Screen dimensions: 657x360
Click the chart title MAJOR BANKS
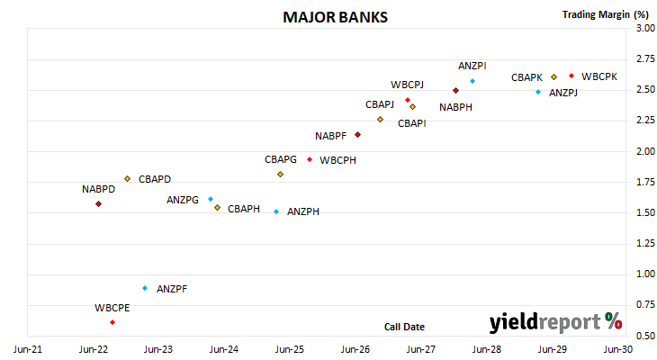[335, 17]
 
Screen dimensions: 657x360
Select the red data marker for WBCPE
[112, 322]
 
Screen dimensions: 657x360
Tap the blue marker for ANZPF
[145, 288]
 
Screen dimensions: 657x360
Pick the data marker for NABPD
[98, 204]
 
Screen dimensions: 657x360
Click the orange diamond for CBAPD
[128, 179]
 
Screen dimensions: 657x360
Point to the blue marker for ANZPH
[276, 211]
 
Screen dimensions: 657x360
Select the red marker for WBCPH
[310, 159]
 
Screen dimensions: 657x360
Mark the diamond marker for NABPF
[358, 135]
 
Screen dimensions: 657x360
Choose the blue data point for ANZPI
[472, 81]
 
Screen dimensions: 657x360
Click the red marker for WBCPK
[571, 76]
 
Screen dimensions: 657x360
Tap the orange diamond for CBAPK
[553, 77]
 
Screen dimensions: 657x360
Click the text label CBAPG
[281, 159]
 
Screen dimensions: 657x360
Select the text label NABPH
[456, 107]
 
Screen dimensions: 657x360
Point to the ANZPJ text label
[563, 93]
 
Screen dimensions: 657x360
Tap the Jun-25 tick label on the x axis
[290, 349]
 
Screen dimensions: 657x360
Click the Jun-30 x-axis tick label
[618, 349]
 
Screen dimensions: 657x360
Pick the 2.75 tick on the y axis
[645, 58]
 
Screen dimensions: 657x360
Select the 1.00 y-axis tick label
[645, 274]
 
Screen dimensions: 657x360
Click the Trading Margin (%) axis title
[606, 14]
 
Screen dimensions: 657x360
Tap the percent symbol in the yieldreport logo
[614, 321]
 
